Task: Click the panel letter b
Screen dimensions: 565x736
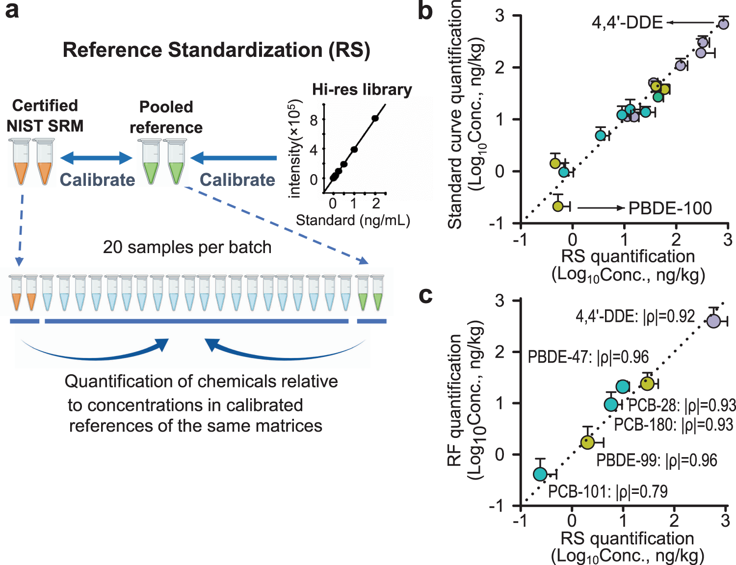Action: (425, 11)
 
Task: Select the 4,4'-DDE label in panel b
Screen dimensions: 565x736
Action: (627, 23)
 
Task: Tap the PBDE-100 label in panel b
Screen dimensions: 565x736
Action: (670, 208)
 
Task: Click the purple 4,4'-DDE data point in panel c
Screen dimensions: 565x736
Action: (713, 321)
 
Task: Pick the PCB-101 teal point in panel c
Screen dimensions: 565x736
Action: (540, 474)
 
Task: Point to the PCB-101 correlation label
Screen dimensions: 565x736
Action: (607, 491)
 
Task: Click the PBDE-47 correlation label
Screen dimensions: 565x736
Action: (588, 357)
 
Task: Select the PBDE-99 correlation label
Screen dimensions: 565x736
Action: (657, 461)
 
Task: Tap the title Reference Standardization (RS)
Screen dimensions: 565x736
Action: (216, 50)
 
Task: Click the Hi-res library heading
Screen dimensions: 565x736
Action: (362, 90)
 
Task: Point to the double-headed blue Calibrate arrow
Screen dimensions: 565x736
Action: (96, 158)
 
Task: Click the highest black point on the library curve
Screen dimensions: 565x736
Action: (375, 118)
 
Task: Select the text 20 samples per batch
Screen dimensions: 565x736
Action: (187, 247)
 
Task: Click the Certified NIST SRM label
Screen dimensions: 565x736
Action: (45, 116)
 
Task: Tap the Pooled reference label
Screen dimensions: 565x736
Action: (166, 117)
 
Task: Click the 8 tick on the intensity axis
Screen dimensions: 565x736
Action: (314, 120)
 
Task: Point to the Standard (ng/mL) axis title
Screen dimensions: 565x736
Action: (353, 220)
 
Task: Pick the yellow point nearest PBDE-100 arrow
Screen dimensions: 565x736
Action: (558, 206)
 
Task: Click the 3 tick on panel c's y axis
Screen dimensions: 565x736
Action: (499, 300)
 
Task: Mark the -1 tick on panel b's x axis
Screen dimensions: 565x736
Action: (520, 240)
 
